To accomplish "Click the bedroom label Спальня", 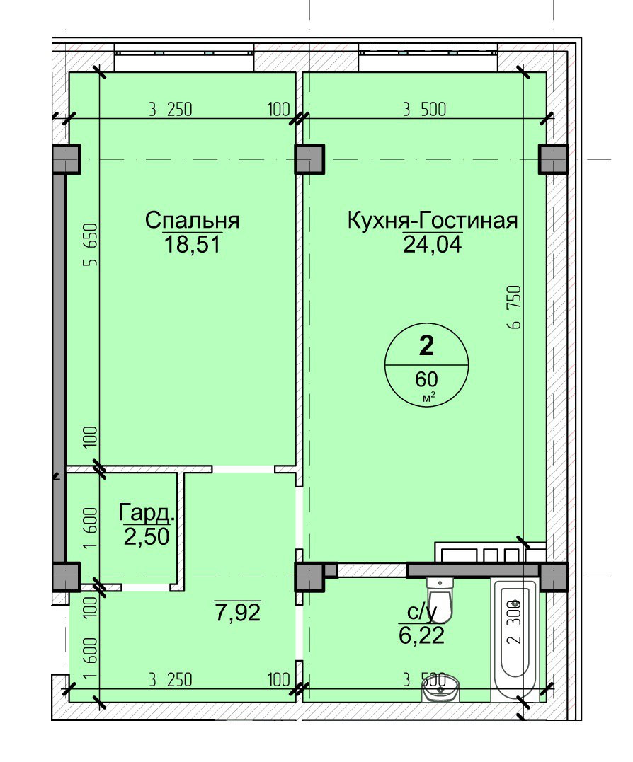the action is pyautogui.click(x=192, y=221).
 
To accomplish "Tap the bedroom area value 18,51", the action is pyautogui.click(x=193, y=244).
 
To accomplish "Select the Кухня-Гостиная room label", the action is pyautogui.click(x=432, y=221).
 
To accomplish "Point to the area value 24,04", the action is pyautogui.click(x=432, y=244).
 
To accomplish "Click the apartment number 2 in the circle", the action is pyautogui.click(x=426, y=346).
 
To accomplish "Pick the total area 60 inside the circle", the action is pyautogui.click(x=426, y=379).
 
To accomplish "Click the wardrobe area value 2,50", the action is pyautogui.click(x=147, y=537).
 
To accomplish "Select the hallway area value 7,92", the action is pyautogui.click(x=238, y=612).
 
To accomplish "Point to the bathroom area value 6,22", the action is pyautogui.click(x=421, y=635).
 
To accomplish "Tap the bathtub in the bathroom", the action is pyautogui.click(x=515, y=636).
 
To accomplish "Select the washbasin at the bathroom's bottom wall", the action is pyautogui.click(x=440, y=688).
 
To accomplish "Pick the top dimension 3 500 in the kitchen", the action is pyautogui.click(x=424, y=110).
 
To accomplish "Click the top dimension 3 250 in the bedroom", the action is pyautogui.click(x=171, y=110).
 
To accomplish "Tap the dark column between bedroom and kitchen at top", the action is pyautogui.click(x=309, y=159).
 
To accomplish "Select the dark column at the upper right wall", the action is pyautogui.click(x=553, y=159).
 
